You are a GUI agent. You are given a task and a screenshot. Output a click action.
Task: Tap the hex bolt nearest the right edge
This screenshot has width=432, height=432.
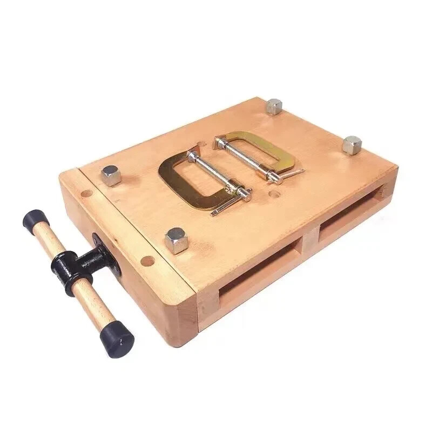point(352,144)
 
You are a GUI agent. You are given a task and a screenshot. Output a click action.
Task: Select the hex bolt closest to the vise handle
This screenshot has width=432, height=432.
point(111,175)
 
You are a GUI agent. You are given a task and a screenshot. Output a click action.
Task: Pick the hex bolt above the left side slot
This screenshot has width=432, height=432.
point(176,240)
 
